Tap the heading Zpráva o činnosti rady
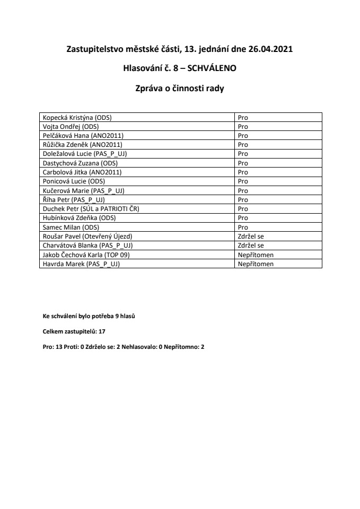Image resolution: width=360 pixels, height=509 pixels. (180, 89)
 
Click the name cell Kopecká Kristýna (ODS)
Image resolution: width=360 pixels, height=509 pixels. (80, 117)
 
